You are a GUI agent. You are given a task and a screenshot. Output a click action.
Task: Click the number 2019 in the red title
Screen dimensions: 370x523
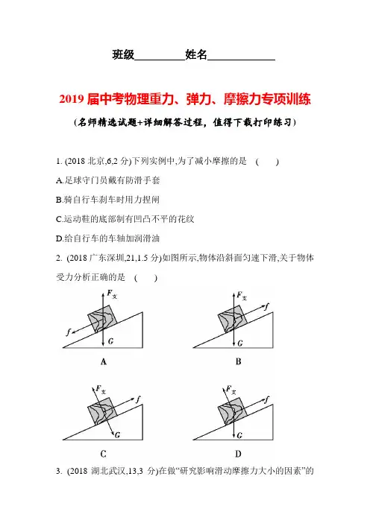(72, 99)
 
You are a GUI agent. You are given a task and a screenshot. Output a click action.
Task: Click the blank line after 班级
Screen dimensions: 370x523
(160, 60)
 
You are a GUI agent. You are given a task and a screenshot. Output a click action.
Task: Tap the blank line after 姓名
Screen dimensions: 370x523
(241, 60)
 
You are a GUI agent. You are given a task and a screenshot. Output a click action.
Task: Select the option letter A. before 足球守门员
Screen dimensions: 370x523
(60, 180)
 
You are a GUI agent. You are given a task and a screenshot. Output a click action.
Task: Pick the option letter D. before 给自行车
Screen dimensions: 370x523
(60, 238)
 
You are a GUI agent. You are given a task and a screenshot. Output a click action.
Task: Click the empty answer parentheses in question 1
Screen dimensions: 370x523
(267, 162)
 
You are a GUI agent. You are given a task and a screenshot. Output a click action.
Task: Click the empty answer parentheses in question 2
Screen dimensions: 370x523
(145, 277)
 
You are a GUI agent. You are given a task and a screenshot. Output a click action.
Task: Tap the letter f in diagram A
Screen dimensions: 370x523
(69, 332)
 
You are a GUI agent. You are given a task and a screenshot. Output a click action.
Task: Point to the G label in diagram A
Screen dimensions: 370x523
(111, 341)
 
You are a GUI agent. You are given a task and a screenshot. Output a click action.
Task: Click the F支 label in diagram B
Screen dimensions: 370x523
(242, 296)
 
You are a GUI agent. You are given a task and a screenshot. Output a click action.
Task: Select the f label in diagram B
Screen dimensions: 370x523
(267, 306)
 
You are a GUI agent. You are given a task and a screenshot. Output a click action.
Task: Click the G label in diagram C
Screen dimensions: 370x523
(118, 434)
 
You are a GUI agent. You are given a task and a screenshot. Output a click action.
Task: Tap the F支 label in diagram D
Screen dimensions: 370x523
(231, 389)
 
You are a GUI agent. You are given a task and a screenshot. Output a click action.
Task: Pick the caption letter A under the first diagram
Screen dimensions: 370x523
(104, 361)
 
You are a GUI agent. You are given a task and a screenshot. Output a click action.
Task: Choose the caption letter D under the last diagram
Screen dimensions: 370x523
(238, 454)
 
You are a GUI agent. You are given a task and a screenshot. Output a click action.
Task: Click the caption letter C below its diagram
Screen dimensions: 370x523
(104, 454)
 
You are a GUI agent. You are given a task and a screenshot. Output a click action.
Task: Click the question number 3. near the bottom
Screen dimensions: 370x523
(59, 472)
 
